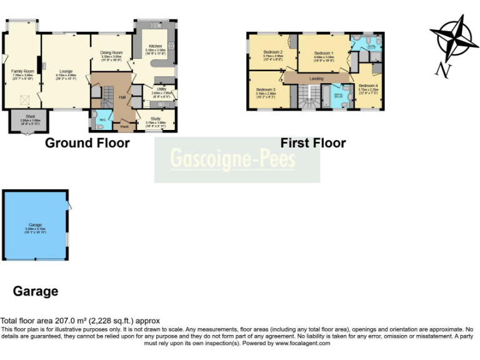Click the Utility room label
[161, 89]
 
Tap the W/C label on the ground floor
[102, 119]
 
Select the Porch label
[124, 126]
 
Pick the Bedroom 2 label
[273, 52]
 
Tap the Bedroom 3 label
[266, 89]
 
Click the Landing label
[316, 79]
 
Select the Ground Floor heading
[87, 143]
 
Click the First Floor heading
[312, 143]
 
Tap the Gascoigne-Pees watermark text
[233, 158]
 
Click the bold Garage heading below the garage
[36, 291]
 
